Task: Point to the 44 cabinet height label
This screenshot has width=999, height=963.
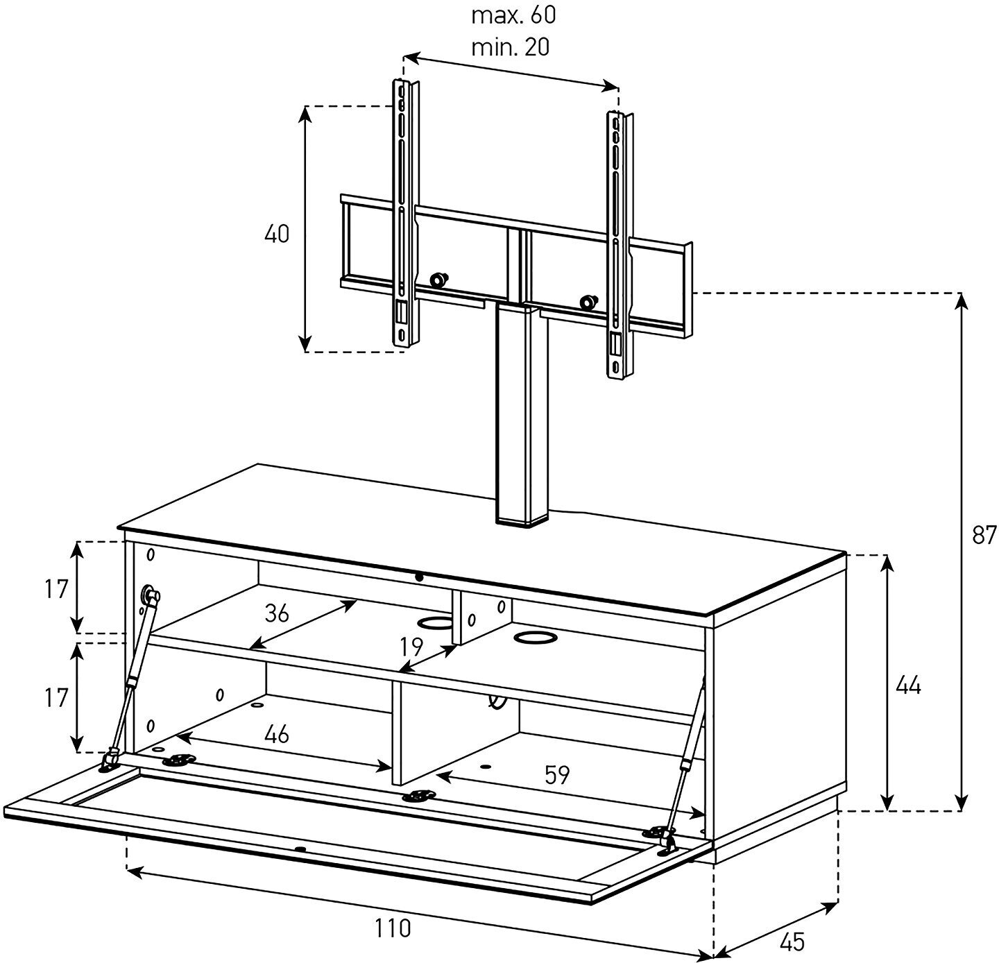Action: [907, 685]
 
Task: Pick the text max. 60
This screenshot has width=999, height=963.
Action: [513, 15]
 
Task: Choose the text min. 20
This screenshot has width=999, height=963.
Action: [511, 47]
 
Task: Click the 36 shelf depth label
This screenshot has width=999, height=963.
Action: [277, 613]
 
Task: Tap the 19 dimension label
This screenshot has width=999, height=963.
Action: [411, 647]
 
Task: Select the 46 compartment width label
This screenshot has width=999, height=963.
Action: [276, 734]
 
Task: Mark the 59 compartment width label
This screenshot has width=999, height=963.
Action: [556, 775]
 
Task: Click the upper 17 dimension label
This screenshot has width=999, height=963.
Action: [57, 590]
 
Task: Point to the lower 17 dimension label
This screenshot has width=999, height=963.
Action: [57, 697]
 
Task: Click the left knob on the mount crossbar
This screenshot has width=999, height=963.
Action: [438, 280]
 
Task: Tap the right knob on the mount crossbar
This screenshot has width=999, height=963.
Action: [588, 302]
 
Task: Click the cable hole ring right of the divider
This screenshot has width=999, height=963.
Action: [535, 636]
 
